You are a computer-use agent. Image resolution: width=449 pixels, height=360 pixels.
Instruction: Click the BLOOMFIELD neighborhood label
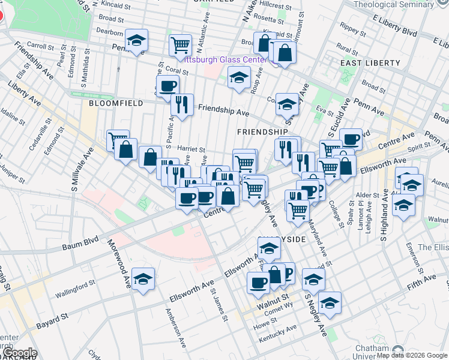click(x=116, y=103)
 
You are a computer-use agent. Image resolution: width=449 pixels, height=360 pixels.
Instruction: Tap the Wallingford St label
click(x=75, y=289)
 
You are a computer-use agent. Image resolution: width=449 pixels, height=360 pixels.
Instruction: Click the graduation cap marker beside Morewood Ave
click(x=143, y=278)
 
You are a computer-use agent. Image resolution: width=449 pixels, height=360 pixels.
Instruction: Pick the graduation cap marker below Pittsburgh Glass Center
click(x=239, y=77)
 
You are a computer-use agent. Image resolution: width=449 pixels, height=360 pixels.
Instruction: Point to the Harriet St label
click(x=192, y=150)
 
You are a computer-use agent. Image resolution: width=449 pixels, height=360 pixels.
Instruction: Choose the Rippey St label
click(x=350, y=28)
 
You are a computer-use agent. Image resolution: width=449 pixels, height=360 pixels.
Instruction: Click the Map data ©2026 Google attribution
click(x=411, y=355)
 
